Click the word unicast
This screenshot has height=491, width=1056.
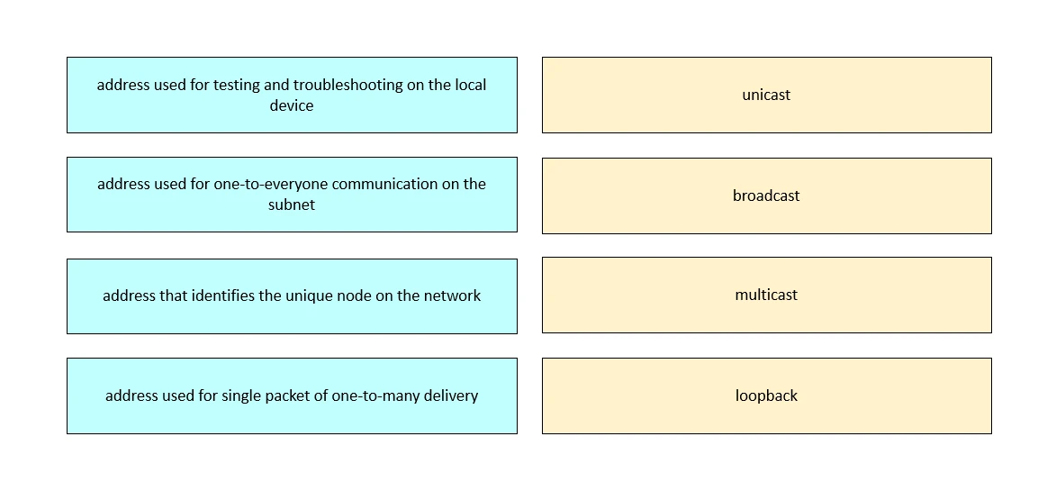point(766,95)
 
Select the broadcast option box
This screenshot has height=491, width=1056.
point(766,195)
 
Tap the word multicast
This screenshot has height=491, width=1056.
point(766,295)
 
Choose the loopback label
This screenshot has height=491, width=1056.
point(766,396)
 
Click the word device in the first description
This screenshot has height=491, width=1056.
point(292,105)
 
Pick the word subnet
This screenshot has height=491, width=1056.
point(292,205)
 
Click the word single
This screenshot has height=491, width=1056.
point(240,396)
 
